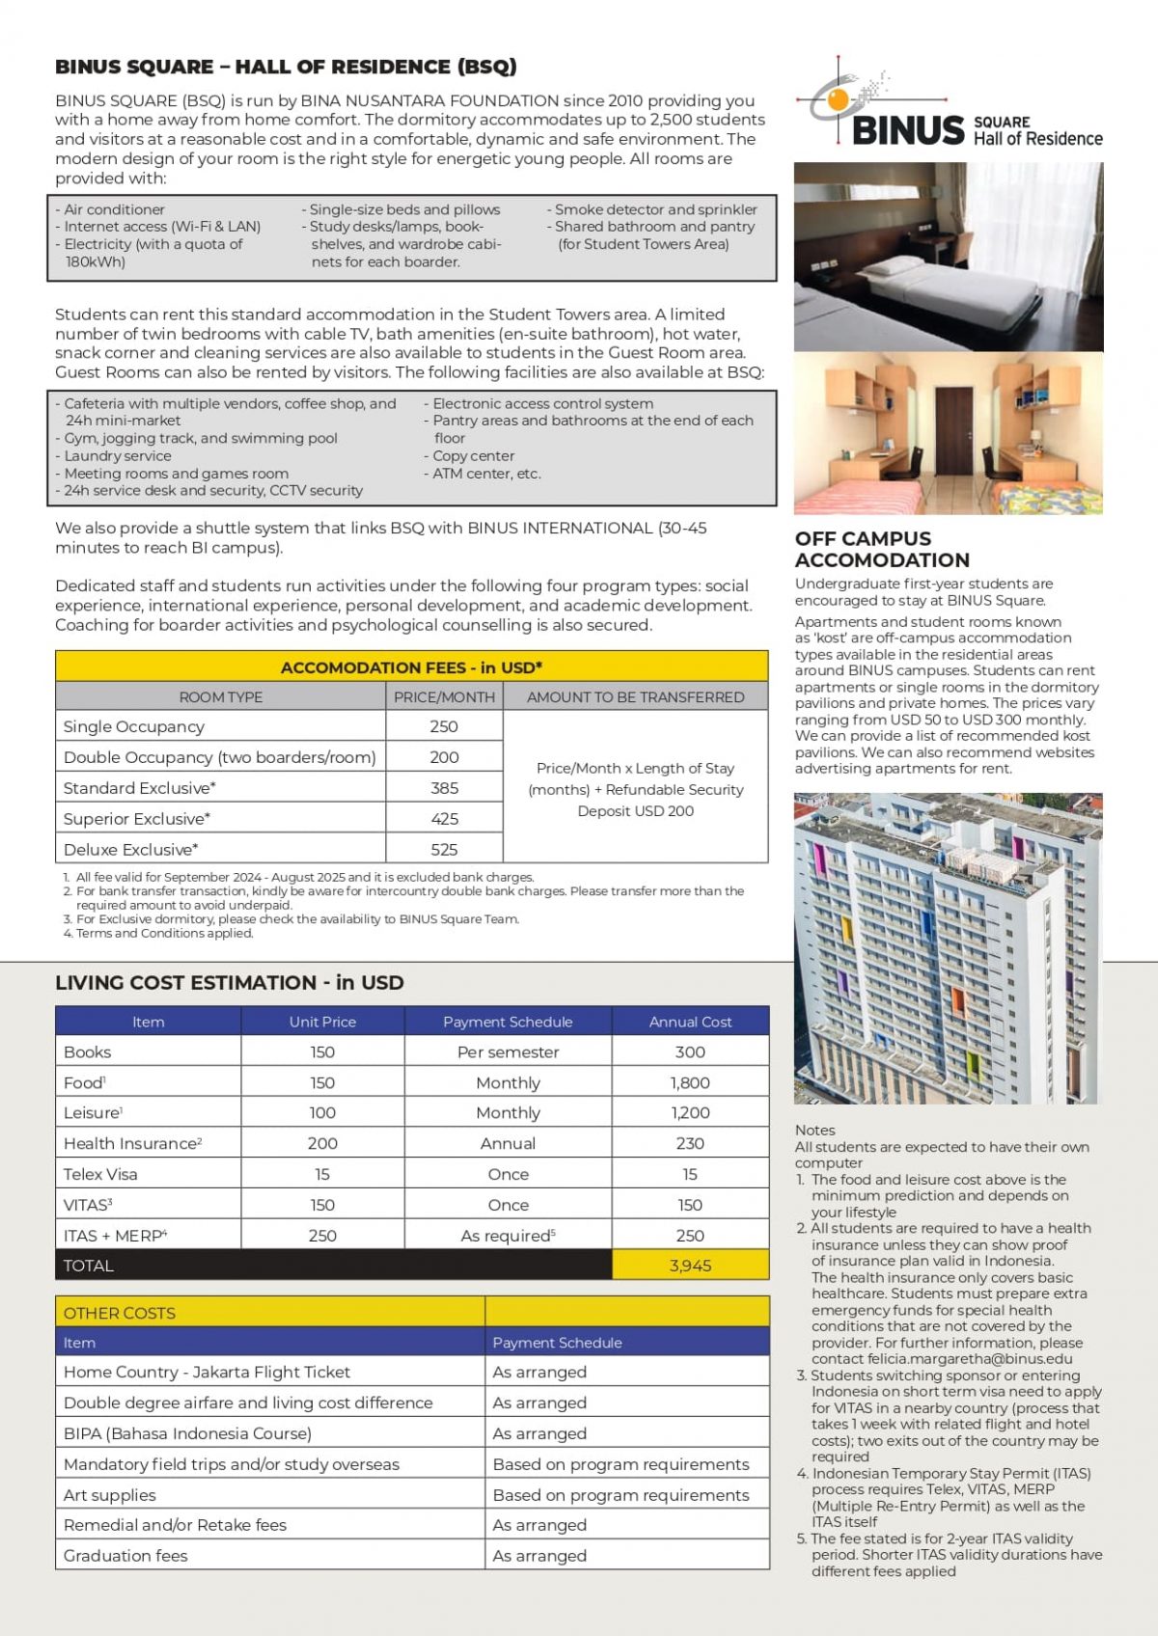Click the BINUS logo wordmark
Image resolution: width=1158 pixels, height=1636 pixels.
pyautogui.click(x=908, y=130)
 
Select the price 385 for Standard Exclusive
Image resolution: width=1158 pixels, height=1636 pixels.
pyautogui.click(x=444, y=788)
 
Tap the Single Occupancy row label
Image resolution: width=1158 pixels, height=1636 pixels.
pyautogui.click(x=134, y=726)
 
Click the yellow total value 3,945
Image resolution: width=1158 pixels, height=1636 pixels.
pyautogui.click(x=690, y=1266)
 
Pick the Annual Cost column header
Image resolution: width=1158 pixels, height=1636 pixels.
pyautogui.click(x=690, y=1022)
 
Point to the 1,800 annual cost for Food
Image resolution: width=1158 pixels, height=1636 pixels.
pyautogui.click(x=690, y=1082)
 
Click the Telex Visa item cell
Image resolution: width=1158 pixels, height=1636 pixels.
pyautogui.click(x=100, y=1174)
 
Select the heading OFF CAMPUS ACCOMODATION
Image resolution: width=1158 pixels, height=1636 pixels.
pyautogui.click(x=882, y=549)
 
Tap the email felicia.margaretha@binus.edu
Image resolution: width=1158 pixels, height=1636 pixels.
pyautogui.click(x=942, y=1359)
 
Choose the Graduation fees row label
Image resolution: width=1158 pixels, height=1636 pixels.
pyautogui.click(x=125, y=1555)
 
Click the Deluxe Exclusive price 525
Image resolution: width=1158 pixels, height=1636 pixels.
pyautogui.click(x=444, y=850)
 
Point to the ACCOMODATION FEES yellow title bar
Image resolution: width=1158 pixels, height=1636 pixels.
pyautogui.click(x=411, y=668)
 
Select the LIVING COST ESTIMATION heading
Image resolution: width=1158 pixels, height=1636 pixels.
pyautogui.click(x=230, y=983)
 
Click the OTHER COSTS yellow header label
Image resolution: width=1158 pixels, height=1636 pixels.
pyautogui.click(x=120, y=1313)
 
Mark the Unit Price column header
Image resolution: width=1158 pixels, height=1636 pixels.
pyautogui.click(x=322, y=1022)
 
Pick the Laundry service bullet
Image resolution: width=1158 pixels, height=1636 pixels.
pyautogui.click(x=117, y=456)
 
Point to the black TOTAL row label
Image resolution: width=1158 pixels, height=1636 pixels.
pyautogui.click(x=89, y=1266)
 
